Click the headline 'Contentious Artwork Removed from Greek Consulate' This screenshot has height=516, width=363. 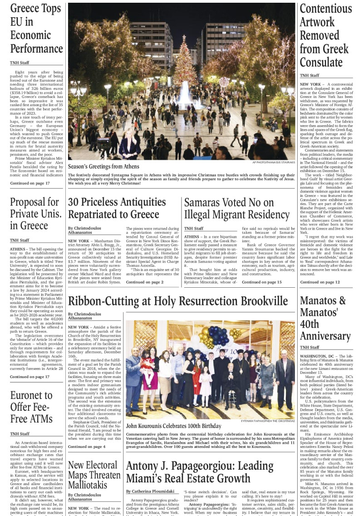pos(326,35)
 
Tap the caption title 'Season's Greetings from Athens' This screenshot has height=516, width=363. pos(103,167)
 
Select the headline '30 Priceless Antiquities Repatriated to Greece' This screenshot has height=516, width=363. pos(113,208)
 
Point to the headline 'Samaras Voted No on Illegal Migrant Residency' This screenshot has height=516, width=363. pos(236,208)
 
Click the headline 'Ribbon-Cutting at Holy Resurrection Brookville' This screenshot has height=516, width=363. pos(178,301)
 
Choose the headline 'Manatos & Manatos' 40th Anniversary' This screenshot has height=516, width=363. pos(323,318)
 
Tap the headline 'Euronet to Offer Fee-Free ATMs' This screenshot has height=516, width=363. pos(31,407)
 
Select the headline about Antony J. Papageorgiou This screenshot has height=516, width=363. pos(200,472)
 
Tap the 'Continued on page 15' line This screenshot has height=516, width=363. pos(262,282)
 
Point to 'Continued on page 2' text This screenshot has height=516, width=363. pos(144,282)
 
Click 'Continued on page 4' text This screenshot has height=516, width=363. pos(86,447)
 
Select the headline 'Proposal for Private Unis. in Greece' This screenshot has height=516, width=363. pos(34,214)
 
